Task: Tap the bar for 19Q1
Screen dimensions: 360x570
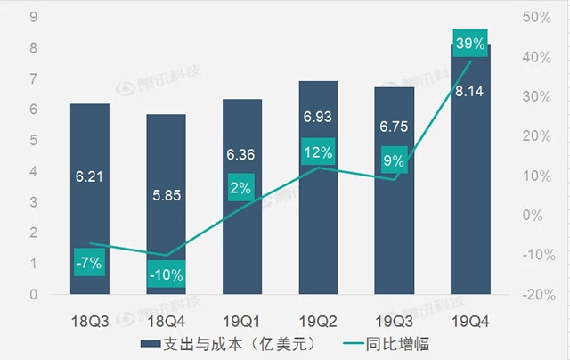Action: tap(241, 241)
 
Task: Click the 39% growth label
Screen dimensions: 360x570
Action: tap(469, 44)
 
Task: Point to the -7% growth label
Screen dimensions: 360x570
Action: tap(89, 262)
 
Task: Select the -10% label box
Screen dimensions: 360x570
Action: tap(166, 274)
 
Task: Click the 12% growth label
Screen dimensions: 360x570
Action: tap(318, 152)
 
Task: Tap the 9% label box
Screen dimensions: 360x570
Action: tap(394, 161)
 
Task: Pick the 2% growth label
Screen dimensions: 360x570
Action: tap(241, 188)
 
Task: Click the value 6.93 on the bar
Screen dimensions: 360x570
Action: tap(318, 117)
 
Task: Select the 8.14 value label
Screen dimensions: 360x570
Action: tap(469, 90)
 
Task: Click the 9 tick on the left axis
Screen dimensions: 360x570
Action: tap(32, 16)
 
